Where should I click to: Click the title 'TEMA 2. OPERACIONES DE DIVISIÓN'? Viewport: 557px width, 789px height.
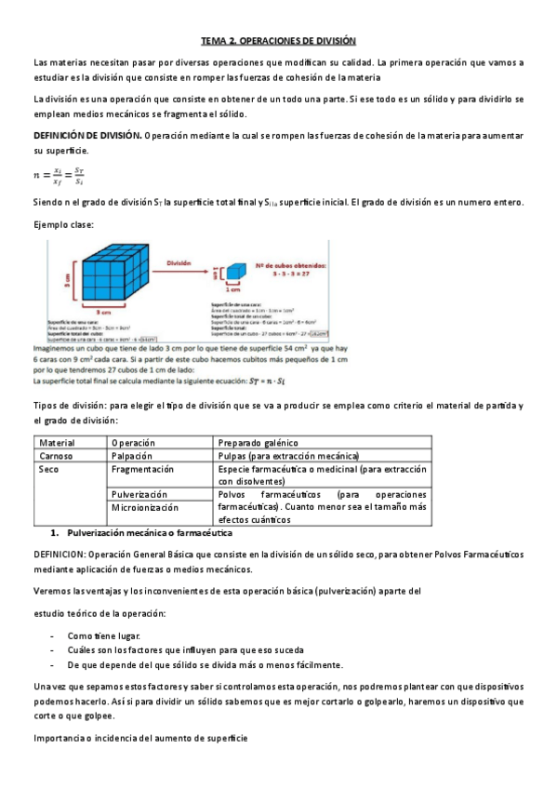pyautogui.click(x=279, y=41)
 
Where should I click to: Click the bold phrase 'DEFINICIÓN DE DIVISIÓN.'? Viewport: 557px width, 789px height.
pyautogui.click(x=86, y=136)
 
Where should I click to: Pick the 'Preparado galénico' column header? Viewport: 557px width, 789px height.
pyautogui.click(x=256, y=442)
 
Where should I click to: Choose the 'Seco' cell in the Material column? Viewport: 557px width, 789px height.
pyautogui.click(x=49, y=470)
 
